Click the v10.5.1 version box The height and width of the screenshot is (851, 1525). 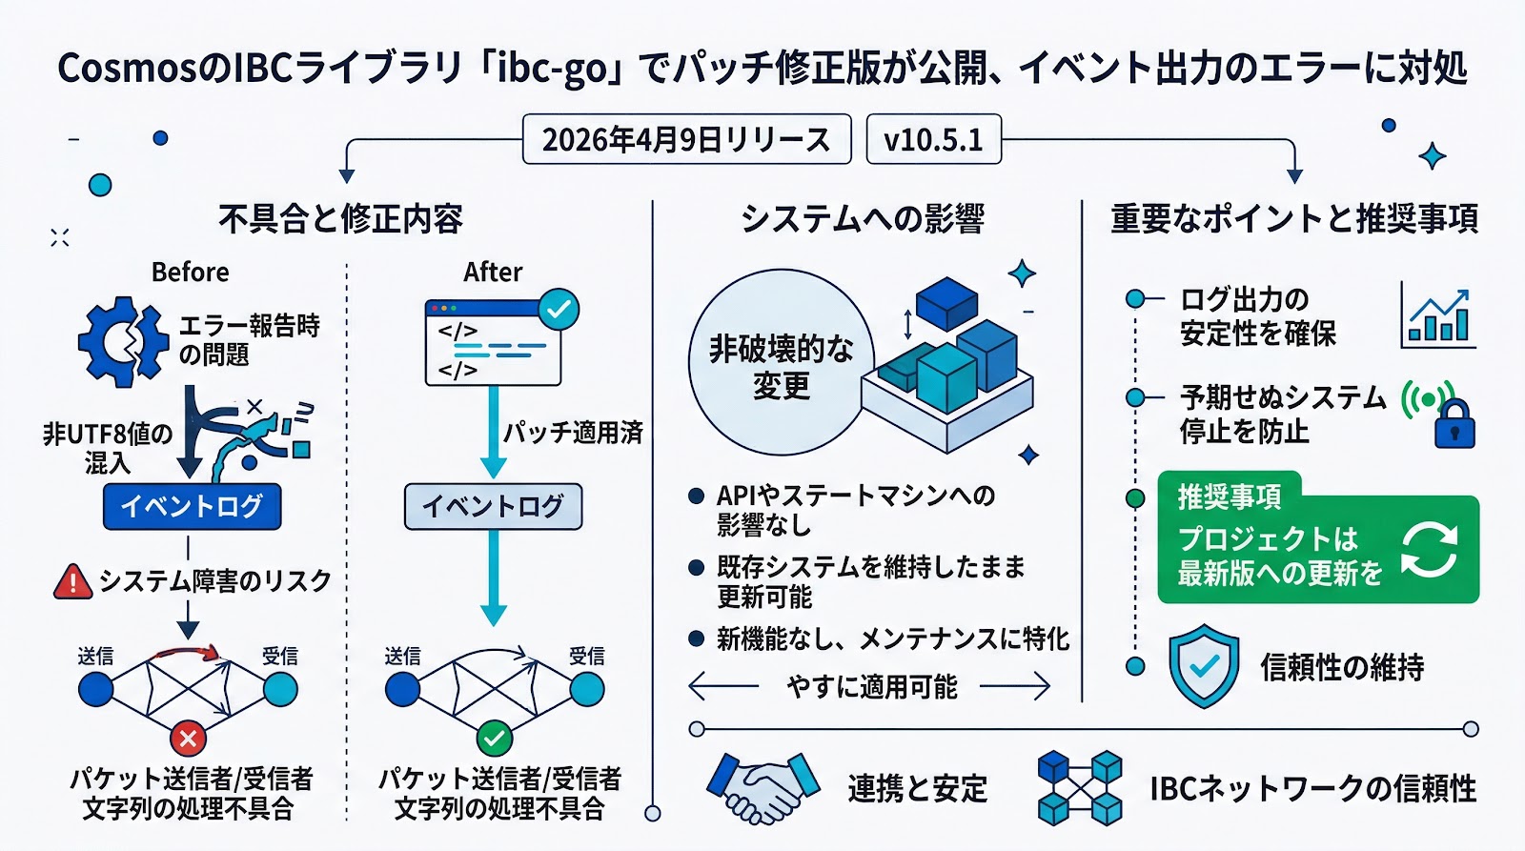[933, 140]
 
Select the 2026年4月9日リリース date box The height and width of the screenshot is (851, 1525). [686, 140]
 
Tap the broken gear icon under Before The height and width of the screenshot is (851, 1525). [122, 341]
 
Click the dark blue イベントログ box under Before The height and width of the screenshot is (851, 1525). [192, 506]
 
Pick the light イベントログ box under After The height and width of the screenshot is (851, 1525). [493, 506]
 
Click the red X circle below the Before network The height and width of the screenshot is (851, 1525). [189, 738]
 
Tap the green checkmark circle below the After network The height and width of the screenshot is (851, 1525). [494, 738]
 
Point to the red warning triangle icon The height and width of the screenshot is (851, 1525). [73, 580]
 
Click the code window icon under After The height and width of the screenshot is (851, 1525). [494, 343]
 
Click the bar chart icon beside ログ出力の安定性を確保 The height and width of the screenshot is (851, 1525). [1439, 315]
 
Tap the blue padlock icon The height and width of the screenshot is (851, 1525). [1454, 424]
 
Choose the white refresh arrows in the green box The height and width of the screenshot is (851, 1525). [1429, 549]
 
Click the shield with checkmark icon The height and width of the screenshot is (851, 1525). [1204, 665]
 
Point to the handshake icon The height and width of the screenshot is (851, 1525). [762, 787]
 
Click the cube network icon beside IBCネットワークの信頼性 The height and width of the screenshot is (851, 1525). [1079, 788]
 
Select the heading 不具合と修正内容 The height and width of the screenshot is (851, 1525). [340, 219]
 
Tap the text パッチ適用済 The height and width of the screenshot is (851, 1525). [573, 433]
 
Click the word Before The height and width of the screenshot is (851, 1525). [190, 273]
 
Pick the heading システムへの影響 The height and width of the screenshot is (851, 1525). [862, 219]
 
